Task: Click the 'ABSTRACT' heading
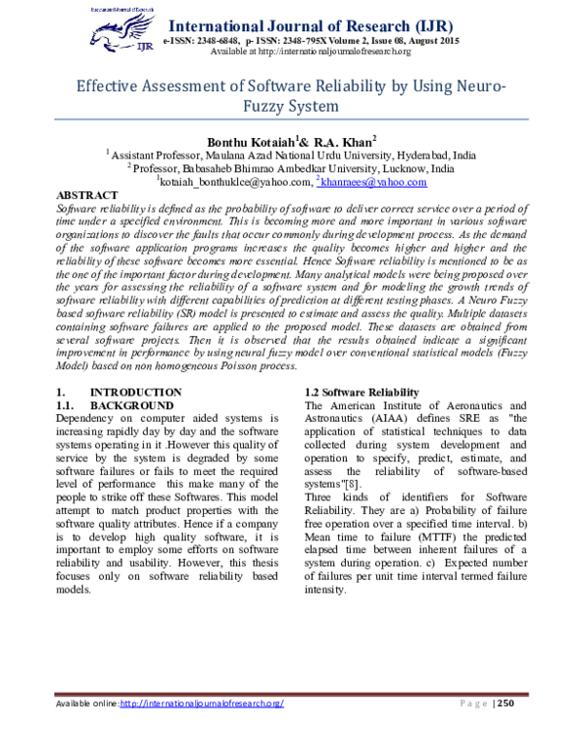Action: pos(88,195)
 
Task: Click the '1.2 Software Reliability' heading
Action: pos(361,392)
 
